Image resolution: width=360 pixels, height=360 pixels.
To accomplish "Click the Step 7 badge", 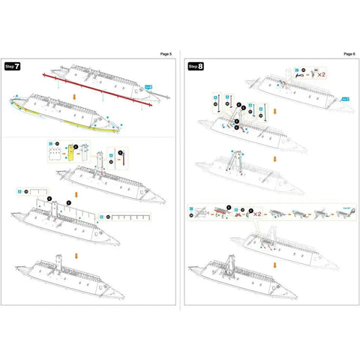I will point(13,67).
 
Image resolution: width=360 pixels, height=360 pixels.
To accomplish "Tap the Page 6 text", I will point(349,55).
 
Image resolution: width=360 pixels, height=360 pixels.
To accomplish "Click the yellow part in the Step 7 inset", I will point(71,152).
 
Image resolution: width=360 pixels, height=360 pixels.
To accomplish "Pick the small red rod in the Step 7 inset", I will point(121,158).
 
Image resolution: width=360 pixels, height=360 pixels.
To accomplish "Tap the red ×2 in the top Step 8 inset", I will point(320,74).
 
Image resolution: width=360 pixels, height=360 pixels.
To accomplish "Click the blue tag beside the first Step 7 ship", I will point(148,88).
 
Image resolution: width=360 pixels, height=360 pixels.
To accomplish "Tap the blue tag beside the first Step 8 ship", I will point(346,98).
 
